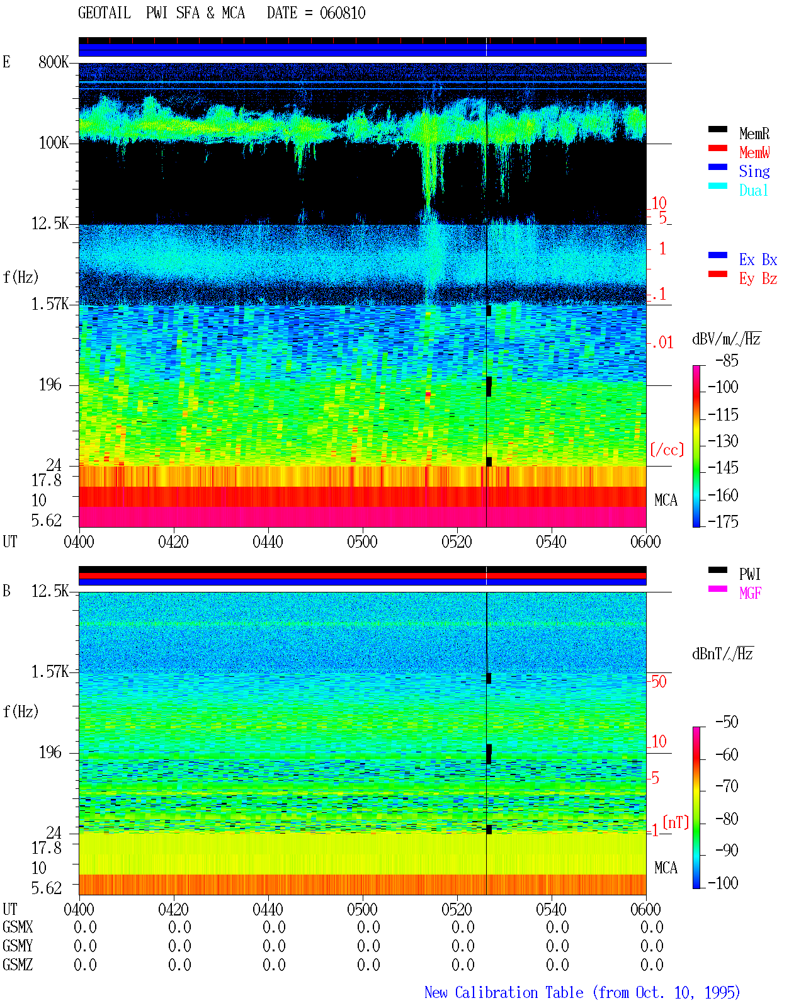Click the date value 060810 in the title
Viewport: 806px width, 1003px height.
342,13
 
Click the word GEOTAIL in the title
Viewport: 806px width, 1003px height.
105,13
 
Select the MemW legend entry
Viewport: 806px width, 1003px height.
754,152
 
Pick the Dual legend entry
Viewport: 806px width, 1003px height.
754,190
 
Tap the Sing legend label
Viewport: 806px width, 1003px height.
754,171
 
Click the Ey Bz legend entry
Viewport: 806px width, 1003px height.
758,279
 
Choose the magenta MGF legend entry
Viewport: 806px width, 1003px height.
750,593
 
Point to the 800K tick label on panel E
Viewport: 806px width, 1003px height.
54,62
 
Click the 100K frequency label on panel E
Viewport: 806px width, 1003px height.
54,143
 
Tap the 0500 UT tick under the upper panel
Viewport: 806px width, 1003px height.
362,542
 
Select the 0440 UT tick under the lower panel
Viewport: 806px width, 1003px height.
268,909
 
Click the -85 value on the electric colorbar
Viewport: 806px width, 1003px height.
727,361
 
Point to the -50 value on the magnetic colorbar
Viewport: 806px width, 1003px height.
727,722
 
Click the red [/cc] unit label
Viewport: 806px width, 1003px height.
667,450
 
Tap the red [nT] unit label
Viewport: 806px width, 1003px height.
676,822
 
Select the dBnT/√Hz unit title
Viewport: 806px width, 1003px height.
723,654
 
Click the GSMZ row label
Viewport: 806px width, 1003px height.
18,965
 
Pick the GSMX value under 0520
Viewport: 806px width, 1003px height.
463,927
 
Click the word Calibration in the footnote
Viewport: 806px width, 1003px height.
519,992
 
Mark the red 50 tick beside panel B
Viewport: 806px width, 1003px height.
659,682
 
